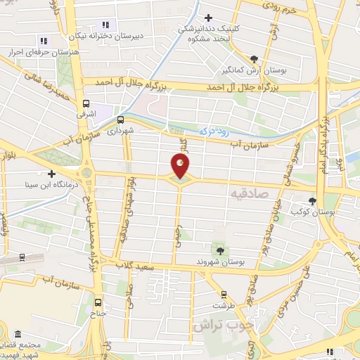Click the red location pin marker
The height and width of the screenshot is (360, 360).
(180, 167)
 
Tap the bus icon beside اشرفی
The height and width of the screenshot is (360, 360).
(86, 102)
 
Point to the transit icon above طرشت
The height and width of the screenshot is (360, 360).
(224, 295)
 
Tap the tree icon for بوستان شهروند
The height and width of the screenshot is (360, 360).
(220, 250)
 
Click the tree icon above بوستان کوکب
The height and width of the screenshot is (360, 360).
(312, 201)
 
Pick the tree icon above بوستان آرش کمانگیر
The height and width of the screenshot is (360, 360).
(254, 60)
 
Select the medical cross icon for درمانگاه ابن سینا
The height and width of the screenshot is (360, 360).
(51, 174)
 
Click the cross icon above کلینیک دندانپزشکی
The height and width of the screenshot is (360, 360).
(207, 18)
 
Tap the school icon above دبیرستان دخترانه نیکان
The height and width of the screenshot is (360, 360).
(106, 25)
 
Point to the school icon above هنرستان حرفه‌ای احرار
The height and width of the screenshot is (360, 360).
(44, 41)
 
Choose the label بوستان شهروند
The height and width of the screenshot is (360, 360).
(220, 262)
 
